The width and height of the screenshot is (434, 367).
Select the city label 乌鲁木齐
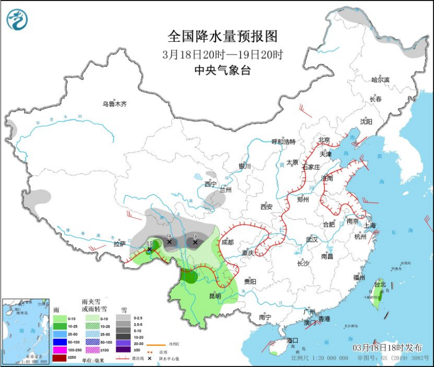[114, 104]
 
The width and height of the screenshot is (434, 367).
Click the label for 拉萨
[119, 244]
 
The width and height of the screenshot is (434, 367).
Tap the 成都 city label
[227, 242]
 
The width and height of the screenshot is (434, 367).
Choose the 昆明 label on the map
[215, 296]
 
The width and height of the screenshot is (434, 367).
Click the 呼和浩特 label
[284, 142]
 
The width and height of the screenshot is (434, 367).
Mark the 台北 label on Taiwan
[380, 284]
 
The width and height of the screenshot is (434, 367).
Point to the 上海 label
[369, 225]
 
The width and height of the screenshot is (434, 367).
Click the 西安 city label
[267, 206]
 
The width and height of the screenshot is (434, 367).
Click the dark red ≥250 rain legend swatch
[60, 358]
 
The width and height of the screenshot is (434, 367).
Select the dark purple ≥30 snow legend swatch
[122, 349]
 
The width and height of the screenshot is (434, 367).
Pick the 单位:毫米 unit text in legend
[93, 360]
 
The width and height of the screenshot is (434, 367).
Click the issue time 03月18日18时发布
[388, 348]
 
